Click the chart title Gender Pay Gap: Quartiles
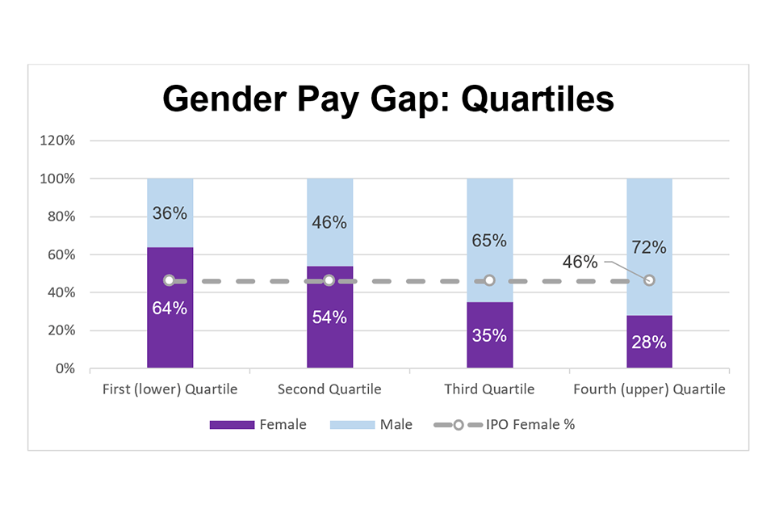(x=388, y=99)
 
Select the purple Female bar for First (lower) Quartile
(x=170, y=339)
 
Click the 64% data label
(x=170, y=308)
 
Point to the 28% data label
(x=649, y=342)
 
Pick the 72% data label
(x=649, y=247)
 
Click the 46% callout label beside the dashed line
(x=580, y=262)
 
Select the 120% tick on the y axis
(x=57, y=141)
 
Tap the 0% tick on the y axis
(x=64, y=368)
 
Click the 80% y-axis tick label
(x=61, y=216)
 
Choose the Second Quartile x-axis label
(x=329, y=389)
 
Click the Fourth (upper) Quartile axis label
(x=649, y=389)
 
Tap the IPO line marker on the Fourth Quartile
(x=649, y=280)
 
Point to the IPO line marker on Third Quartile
(x=489, y=280)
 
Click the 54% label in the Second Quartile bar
(x=329, y=317)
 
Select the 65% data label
(x=489, y=240)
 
